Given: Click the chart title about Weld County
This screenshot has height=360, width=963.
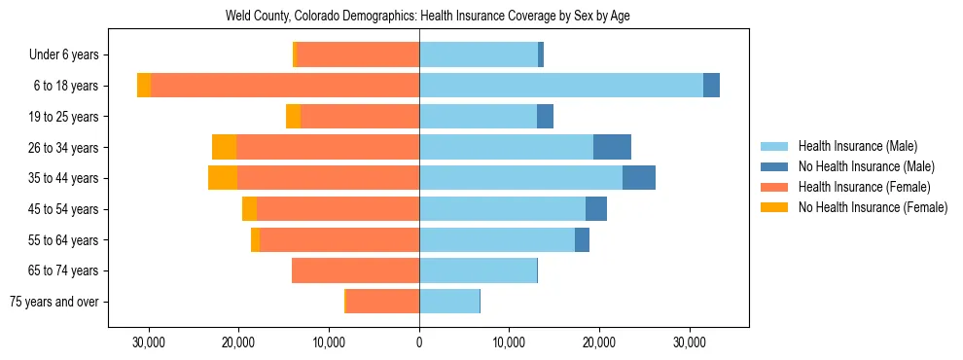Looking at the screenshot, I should pyautogui.click(x=428, y=17).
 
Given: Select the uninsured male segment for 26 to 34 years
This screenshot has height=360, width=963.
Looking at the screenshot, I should pyautogui.click(x=612, y=147).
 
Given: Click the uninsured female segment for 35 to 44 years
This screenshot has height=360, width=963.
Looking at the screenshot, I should pyautogui.click(x=223, y=178).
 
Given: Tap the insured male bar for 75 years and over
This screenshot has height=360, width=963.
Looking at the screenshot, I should pyautogui.click(x=448, y=302).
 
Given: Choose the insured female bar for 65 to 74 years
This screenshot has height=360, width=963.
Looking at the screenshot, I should pyautogui.click(x=355, y=270).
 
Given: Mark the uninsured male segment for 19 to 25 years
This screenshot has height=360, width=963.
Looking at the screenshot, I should pyautogui.click(x=545, y=117).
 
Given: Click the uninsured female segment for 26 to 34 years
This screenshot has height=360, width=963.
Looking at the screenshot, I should pyautogui.click(x=224, y=147).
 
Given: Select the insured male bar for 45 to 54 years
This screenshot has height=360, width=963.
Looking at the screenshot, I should pyautogui.click(x=502, y=209).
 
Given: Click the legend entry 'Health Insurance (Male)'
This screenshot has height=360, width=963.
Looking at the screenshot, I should pyautogui.click(x=857, y=146).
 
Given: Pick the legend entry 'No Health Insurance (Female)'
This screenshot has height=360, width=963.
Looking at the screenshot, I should pyautogui.click(x=873, y=207).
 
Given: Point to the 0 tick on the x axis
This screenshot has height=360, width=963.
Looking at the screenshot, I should pyautogui.click(x=419, y=342).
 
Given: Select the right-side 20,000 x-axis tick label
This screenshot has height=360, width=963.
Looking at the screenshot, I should pyautogui.click(x=599, y=342).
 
